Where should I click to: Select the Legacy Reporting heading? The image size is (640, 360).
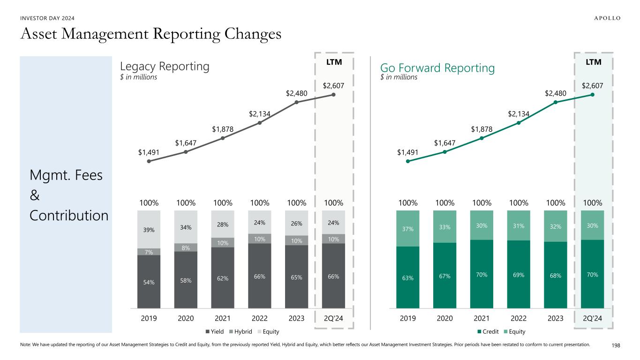(x=165, y=67)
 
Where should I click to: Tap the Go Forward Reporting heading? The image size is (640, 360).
(x=437, y=68)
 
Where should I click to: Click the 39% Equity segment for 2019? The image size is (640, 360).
(x=149, y=229)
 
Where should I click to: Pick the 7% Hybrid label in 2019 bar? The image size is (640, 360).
(x=149, y=252)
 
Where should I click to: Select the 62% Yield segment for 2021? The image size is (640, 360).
(x=223, y=277)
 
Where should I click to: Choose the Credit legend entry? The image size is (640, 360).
(x=489, y=331)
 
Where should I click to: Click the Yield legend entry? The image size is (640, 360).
(x=215, y=331)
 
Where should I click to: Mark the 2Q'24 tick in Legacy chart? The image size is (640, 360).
(x=333, y=318)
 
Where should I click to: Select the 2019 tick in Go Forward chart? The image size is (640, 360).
(x=408, y=318)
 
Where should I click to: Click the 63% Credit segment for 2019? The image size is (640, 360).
(x=408, y=277)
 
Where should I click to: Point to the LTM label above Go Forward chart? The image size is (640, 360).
(x=593, y=62)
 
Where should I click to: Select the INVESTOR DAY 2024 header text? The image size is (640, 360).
(x=47, y=18)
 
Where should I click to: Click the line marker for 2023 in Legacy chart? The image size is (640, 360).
(x=296, y=102)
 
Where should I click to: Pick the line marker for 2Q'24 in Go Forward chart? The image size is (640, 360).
(x=593, y=95)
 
